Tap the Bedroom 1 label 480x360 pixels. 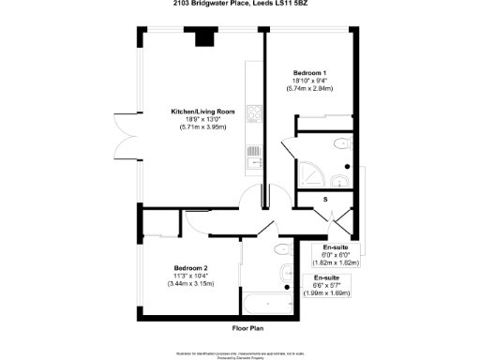[x=309, y=73]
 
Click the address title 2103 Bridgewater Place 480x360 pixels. [x=239, y=5]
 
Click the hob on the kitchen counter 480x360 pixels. [x=252, y=116]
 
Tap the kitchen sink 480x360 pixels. [x=252, y=162]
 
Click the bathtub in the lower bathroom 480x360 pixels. [x=265, y=303]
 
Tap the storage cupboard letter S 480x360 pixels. [x=324, y=200]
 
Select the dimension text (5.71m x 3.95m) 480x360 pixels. [x=197, y=127]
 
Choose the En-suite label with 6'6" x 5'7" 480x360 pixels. [x=326, y=277]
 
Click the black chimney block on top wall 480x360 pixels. [x=203, y=38]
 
